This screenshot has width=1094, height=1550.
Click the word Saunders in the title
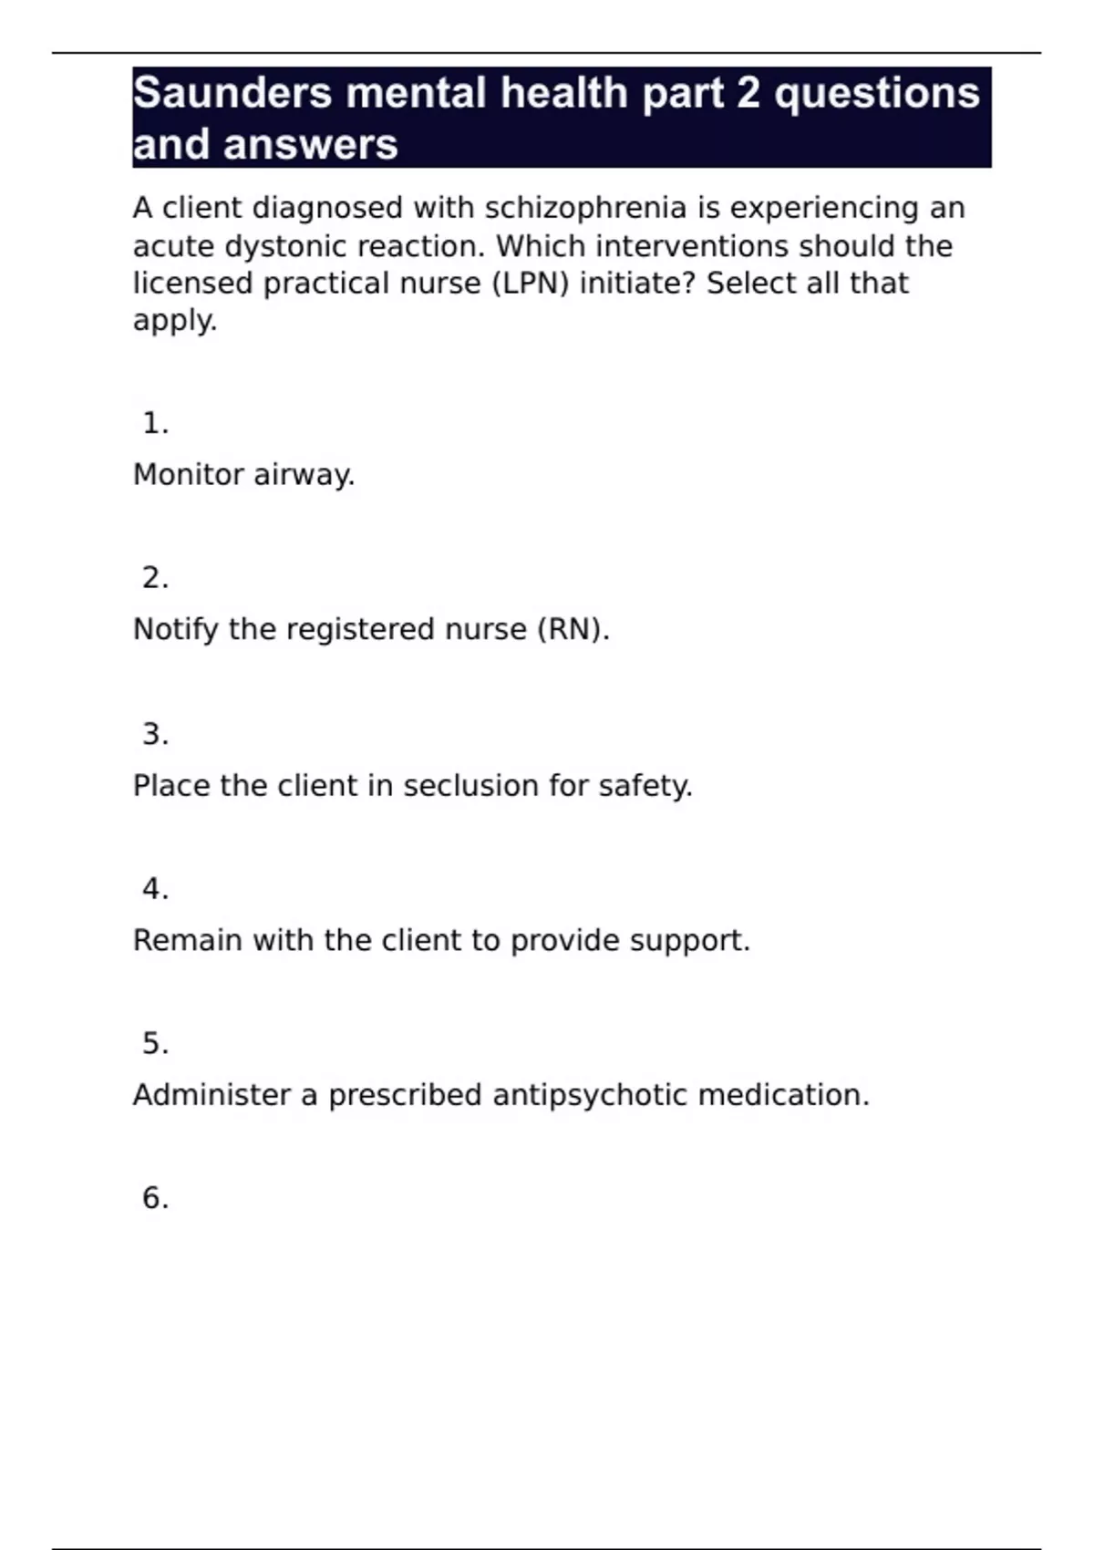[x=232, y=93]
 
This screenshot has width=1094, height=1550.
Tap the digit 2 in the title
[x=748, y=93]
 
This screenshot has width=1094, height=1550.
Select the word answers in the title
[x=310, y=145]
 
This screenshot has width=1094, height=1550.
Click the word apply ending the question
[x=174, y=321]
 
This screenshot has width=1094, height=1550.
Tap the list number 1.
[x=155, y=423]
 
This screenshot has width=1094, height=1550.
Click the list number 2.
[x=155, y=578]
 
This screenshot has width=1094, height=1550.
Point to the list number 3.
[x=155, y=734]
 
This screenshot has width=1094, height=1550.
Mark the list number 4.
[x=155, y=889]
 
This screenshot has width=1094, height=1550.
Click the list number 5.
[x=155, y=1043]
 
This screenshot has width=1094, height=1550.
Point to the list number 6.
[x=155, y=1198]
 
